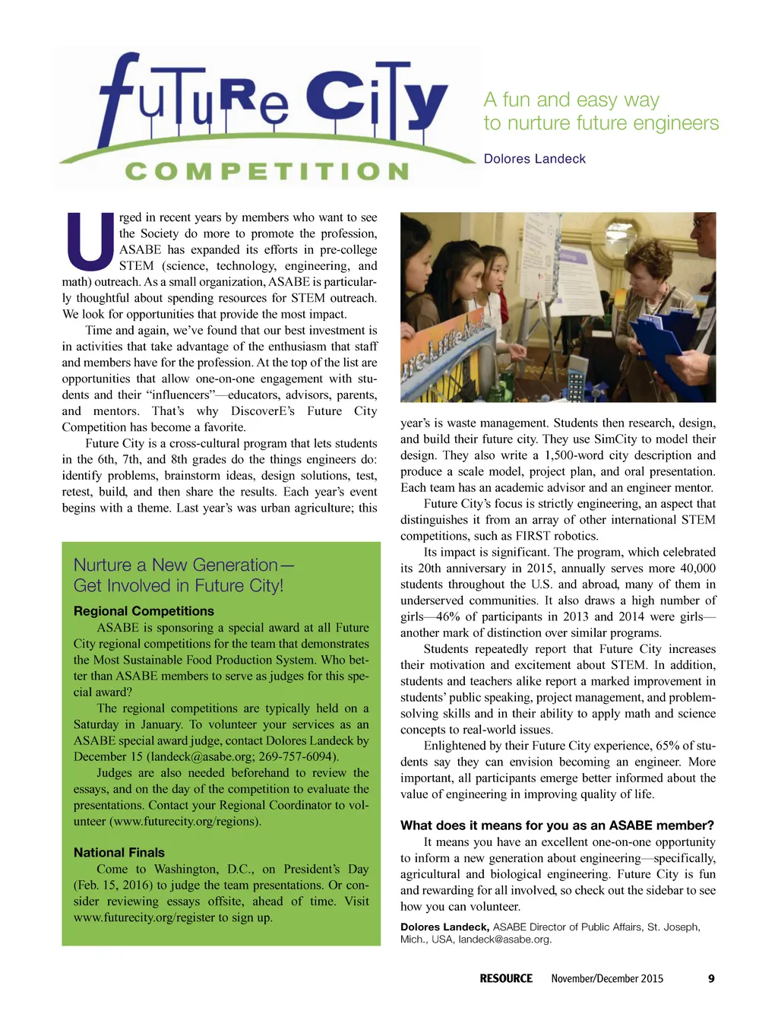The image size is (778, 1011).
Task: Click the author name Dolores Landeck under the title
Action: (x=534, y=159)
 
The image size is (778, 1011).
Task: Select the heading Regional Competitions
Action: (x=144, y=611)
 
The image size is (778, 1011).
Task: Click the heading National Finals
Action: (x=119, y=853)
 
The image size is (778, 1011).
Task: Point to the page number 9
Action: (x=711, y=978)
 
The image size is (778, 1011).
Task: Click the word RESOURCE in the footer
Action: (x=506, y=978)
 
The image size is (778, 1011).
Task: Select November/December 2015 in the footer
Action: (x=607, y=978)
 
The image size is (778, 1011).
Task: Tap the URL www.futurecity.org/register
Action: (x=152, y=918)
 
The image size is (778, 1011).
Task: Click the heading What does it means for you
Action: (x=557, y=826)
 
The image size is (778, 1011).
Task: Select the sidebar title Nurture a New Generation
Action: (x=183, y=565)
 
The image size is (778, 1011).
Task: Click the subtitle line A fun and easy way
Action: (x=571, y=100)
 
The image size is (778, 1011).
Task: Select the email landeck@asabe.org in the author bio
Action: (x=504, y=940)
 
